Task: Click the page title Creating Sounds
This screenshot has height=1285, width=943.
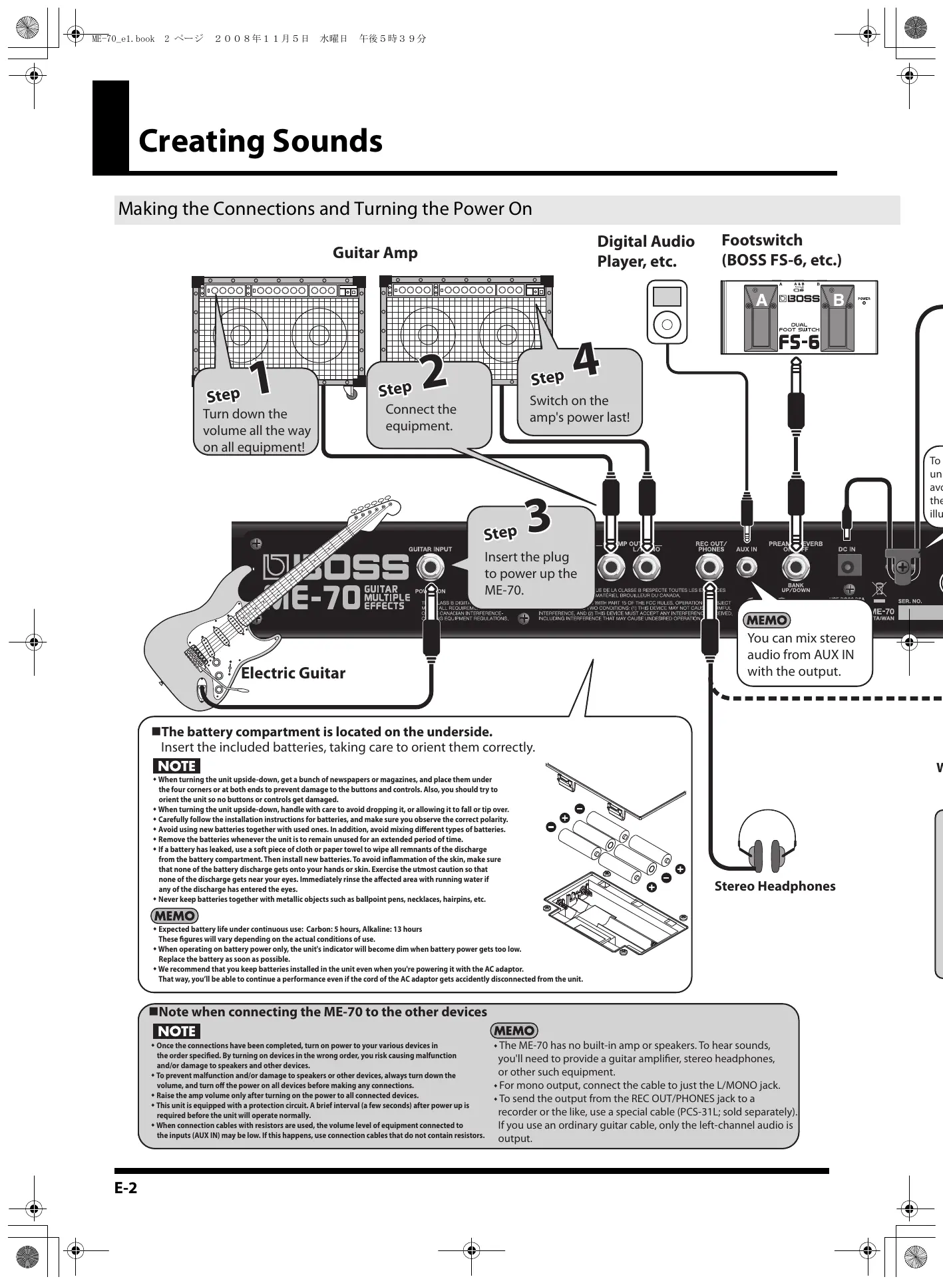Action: click(260, 141)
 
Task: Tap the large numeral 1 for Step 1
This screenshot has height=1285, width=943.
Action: click(261, 377)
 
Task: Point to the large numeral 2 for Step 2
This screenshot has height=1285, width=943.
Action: click(434, 372)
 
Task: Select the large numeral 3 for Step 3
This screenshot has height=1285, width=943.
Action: click(538, 517)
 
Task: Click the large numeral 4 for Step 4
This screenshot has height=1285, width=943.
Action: click(586, 360)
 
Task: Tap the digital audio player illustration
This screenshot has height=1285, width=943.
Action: click(667, 311)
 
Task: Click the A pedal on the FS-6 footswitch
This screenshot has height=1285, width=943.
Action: click(761, 318)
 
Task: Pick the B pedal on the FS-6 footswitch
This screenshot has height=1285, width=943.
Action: click(838, 318)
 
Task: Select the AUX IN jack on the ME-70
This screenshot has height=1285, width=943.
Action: click(747, 568)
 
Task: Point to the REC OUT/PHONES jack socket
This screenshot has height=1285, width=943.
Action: click(709, 568)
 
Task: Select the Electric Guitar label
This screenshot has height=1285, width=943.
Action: click(293, 673)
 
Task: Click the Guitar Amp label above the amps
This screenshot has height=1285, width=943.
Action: click(375, 253)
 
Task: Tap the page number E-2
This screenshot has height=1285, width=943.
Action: click(126, 1188)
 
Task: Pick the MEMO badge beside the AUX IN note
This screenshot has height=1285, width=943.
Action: click(766, 621)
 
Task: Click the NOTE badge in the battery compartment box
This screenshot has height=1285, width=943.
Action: click(176, 766)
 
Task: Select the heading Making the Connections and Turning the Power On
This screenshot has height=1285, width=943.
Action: click(325, 209)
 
